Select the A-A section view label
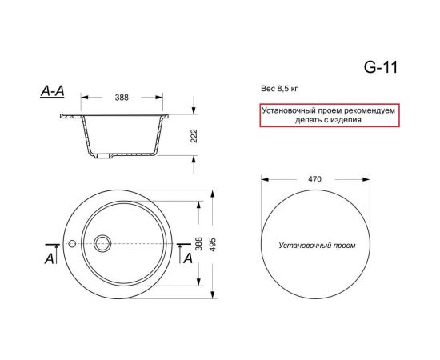point(52,94)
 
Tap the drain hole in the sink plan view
point(102,242)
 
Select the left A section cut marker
point(50,258)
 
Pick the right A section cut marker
point(188,258)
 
